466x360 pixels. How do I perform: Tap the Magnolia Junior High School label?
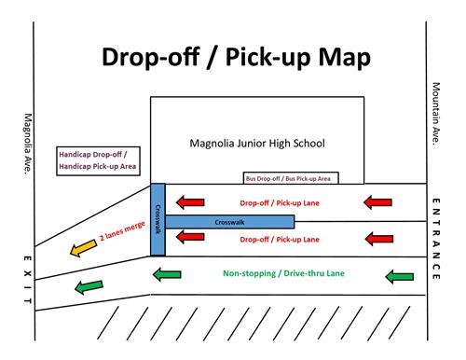point(257,144)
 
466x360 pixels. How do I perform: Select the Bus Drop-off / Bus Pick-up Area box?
point(290,177)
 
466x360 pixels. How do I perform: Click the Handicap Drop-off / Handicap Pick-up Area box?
point(98,159)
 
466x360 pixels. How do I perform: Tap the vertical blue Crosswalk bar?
point(158,220)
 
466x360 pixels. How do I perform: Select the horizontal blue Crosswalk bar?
point(229,222)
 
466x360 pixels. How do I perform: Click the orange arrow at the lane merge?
point(81,248)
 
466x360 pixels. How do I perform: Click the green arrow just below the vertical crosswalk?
point(166,274)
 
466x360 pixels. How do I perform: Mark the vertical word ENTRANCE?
point(436,238)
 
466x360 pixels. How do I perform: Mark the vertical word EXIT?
point(27,278)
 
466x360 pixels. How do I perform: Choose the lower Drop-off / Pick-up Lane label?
point(280,240)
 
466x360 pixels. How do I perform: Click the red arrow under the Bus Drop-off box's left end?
point(191,201)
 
